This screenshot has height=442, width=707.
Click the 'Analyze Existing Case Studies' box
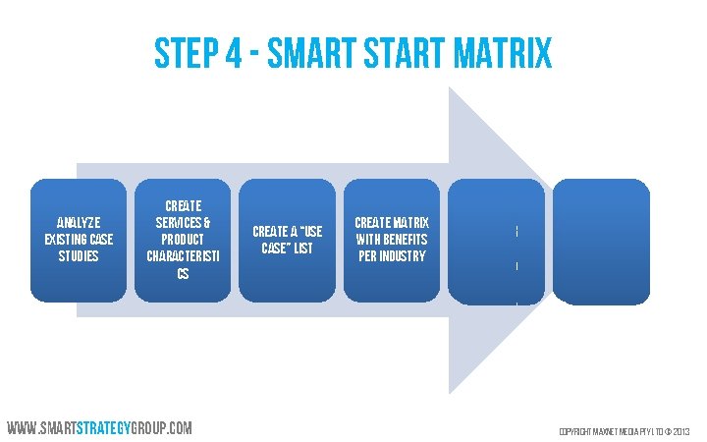coord(79,240)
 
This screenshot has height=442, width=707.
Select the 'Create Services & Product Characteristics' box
coord(184,240)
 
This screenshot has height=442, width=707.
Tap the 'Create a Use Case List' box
coord(288,240)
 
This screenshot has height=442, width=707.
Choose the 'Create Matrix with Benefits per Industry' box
coord(392,240)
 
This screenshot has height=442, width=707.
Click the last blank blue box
coord(601,240)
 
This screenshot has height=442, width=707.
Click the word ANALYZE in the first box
coord(79,222)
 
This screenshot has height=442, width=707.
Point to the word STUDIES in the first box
coord(79,255)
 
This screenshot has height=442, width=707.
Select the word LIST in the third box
coord(301,249)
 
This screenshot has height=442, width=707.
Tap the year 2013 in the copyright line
coord(682,431)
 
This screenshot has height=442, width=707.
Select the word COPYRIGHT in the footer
coord(576,431)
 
